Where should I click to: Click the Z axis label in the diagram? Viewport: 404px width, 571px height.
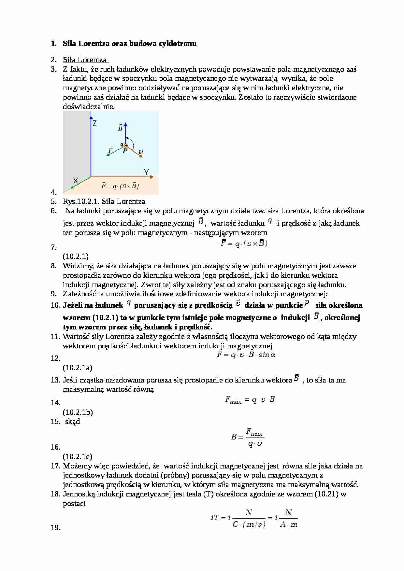95,123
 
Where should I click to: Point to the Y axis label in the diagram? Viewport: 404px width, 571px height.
147,172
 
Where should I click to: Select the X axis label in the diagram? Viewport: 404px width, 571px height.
76,180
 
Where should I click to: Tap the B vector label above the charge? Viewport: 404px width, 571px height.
120,128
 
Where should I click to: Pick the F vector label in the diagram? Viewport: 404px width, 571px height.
110,150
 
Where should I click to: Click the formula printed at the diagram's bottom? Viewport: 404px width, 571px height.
120,186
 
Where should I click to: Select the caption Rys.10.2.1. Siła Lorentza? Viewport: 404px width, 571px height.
104,202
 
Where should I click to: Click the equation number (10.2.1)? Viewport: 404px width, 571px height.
76,256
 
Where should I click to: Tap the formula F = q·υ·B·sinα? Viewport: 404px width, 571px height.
246,355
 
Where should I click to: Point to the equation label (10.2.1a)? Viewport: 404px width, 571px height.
78,368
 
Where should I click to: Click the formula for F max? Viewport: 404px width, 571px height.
250,399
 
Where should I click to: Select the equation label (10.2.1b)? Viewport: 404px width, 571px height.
78,412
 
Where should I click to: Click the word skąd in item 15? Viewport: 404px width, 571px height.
73,422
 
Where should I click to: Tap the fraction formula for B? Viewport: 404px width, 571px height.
248,437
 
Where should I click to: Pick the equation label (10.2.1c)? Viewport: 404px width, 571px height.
78,457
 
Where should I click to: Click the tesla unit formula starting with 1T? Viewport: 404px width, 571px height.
254,518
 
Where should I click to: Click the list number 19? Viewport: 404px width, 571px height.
55,528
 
